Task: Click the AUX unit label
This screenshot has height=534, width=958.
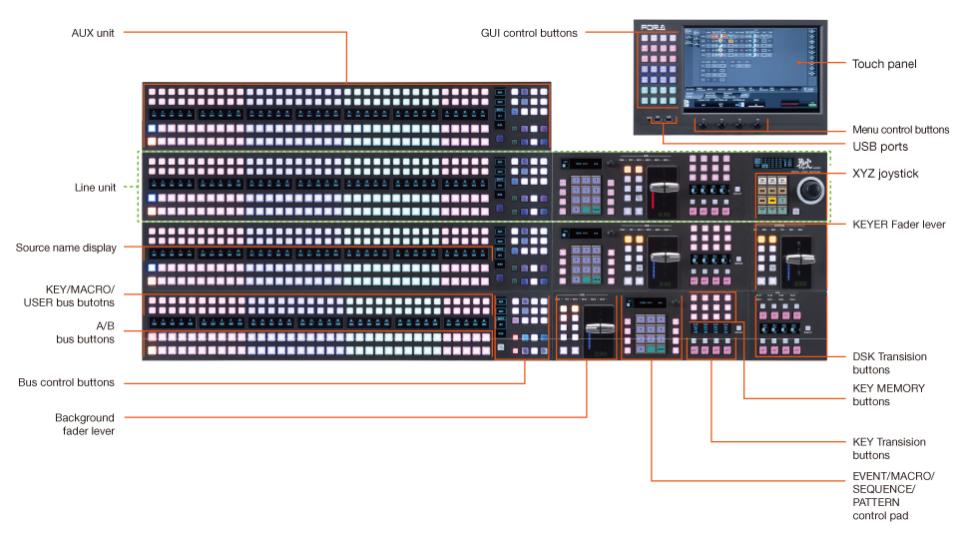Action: pos(93,33)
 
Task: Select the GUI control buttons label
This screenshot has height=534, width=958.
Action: pos(529,33)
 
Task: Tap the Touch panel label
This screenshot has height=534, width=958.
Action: pos(884,64)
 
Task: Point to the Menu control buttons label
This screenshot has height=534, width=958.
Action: pos(900,130)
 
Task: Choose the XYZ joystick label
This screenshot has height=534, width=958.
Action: pos(885,174)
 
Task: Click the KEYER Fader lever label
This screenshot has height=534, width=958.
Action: pos(898,225)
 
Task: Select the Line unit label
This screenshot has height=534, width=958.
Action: pos(96,187)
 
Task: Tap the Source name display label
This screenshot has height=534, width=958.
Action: pos(66,248)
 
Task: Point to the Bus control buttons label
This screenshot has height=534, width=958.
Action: pos(66,382)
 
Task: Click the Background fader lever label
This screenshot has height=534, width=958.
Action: pos(84,424)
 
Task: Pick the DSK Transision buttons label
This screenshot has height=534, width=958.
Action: pos(889,362)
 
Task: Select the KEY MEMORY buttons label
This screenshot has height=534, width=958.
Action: pos(888,394)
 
